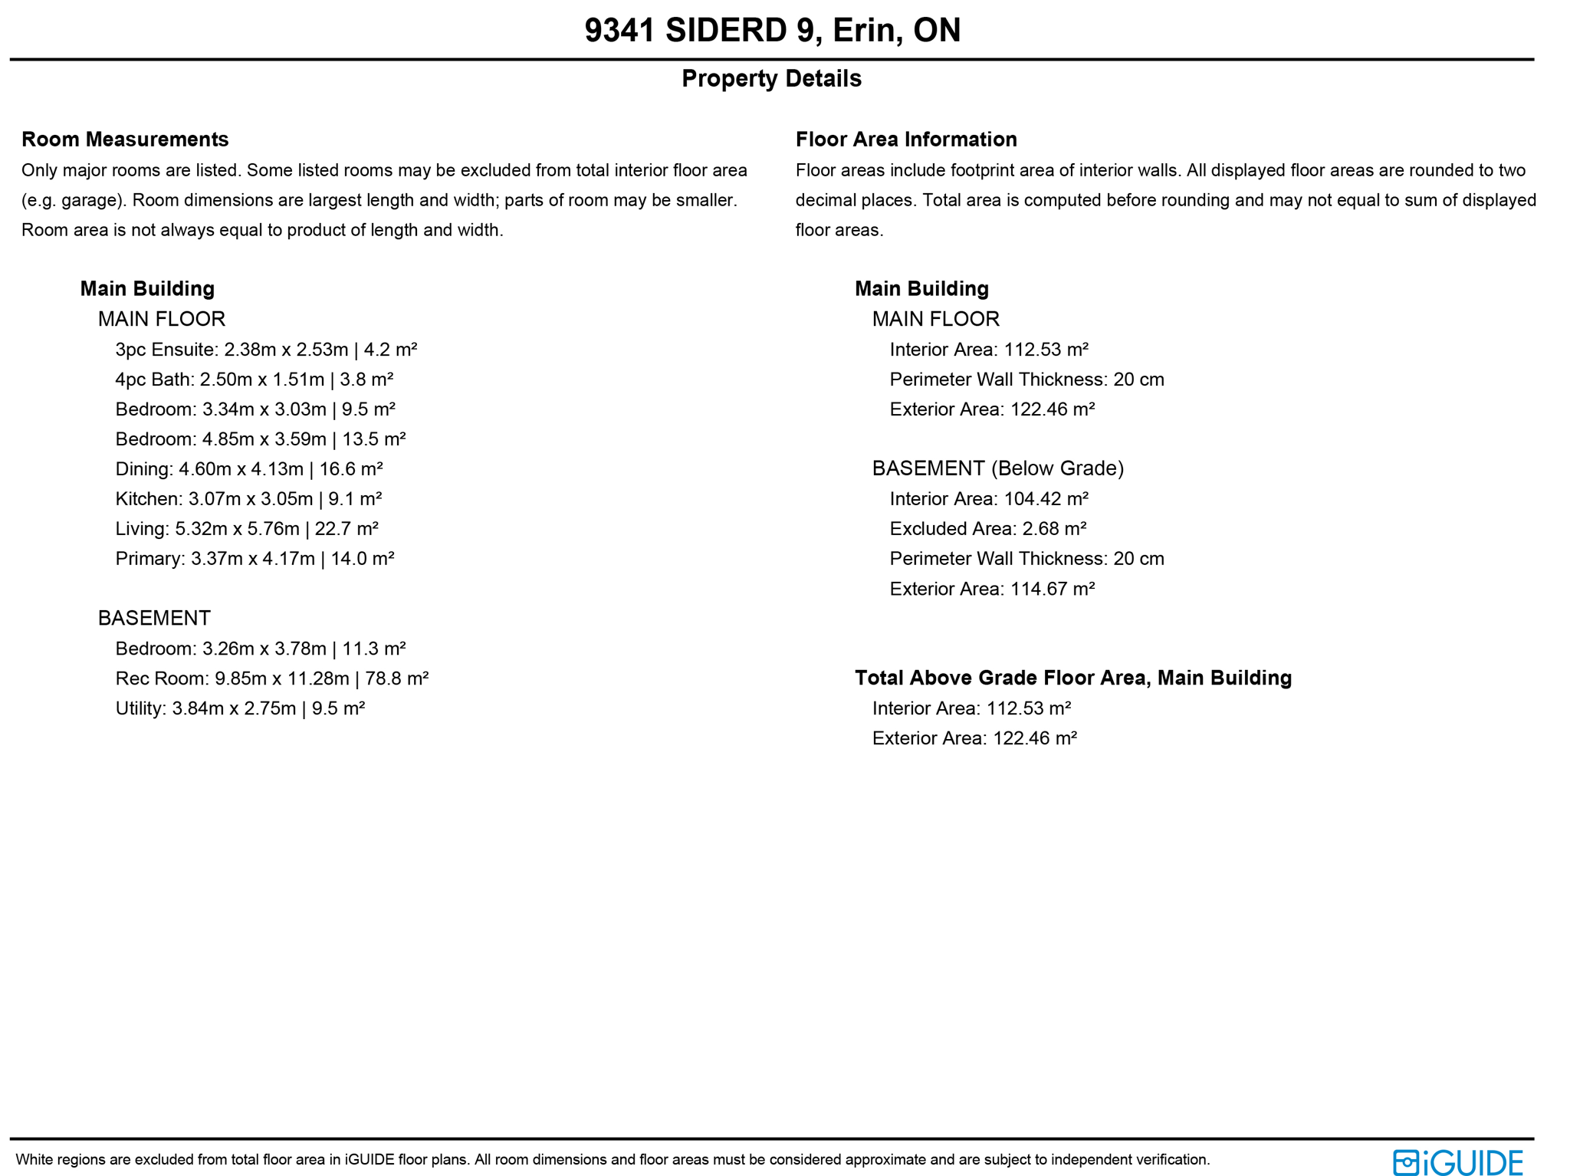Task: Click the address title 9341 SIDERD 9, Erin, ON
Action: click(771, 31)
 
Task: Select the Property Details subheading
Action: click(771, 79)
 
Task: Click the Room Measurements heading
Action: click(125, 140)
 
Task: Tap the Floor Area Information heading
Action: click(906, 140)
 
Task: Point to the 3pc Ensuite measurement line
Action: click(266, 350)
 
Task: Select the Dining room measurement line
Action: click(249, 469)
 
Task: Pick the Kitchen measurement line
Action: click(248, 499)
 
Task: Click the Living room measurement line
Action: click(247, 529)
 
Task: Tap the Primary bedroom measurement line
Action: click(255, 559)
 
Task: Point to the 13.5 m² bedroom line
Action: click(260, 439)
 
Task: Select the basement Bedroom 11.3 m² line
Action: click(260, 649)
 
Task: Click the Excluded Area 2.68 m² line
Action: click(988, 529)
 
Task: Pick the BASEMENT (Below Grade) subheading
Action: click(998, 468)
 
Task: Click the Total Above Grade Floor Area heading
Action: click(1073, 678)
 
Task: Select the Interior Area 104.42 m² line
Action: click(989, 499)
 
